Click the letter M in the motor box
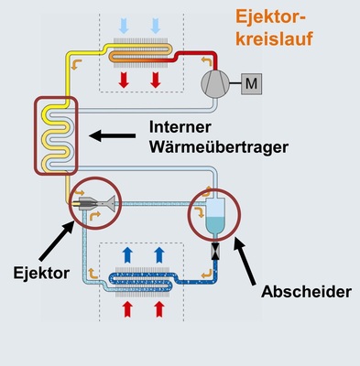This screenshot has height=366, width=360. (x=252, y=85)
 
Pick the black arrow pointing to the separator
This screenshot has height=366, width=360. (x=246, y=264)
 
